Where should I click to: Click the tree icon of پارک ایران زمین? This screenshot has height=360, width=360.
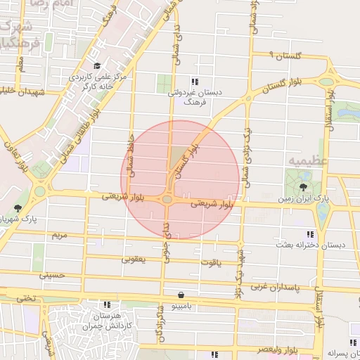(x=303, y=187)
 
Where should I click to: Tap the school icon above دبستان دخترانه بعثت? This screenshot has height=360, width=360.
(x=309, y=233)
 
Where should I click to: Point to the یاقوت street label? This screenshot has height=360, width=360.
(x=210, y=262)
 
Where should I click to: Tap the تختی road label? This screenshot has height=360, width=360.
(x=25, y=297)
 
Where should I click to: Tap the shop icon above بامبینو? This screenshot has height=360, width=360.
(x=182, y=295)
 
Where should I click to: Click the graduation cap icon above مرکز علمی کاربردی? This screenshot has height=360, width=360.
(x=97, y=65)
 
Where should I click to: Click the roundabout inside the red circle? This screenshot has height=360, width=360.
(x=167, y=200)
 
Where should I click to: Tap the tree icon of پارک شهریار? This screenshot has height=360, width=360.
(x=18, y=208)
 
